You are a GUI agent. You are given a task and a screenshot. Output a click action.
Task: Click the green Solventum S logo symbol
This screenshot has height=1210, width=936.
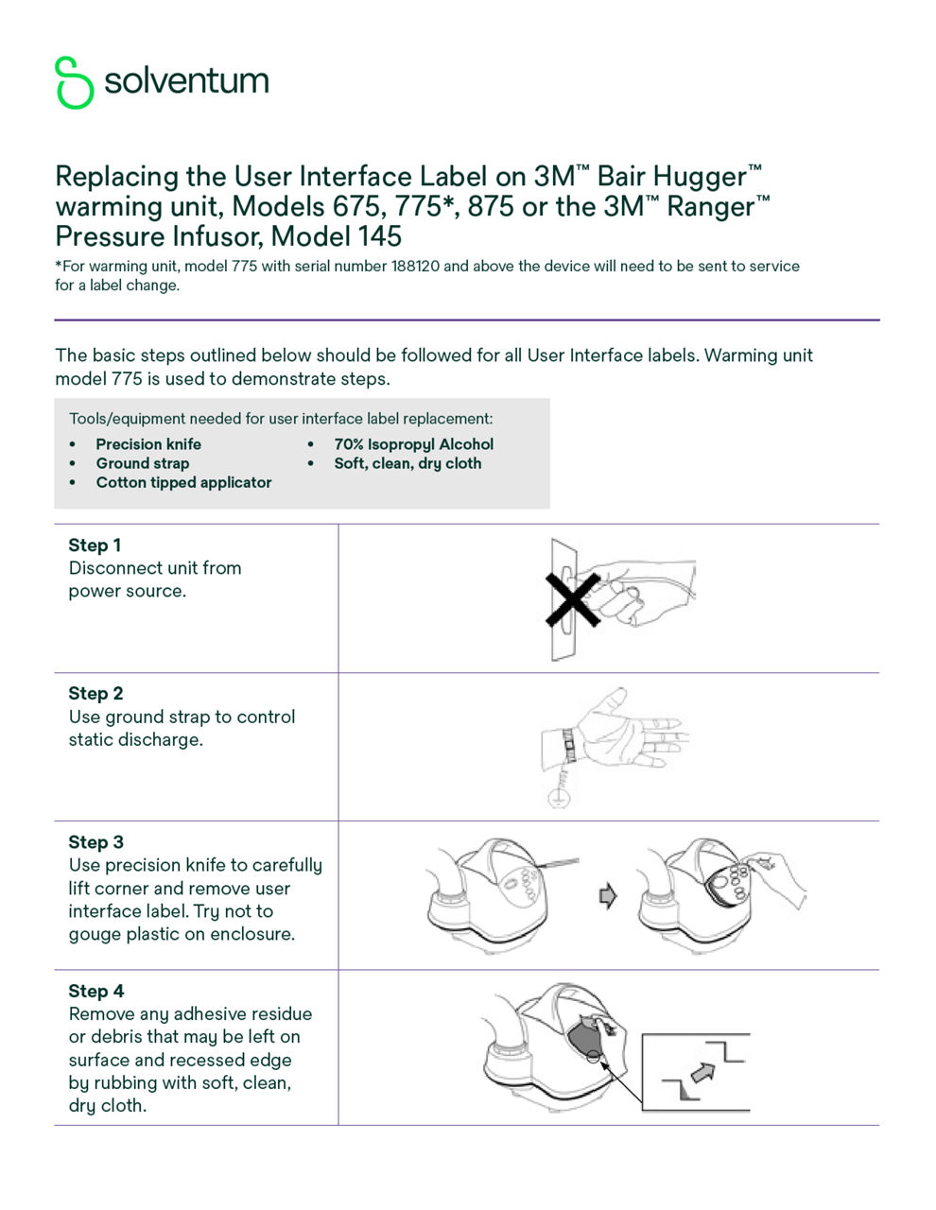[74, 82]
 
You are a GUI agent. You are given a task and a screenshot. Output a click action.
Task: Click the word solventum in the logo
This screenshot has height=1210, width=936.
[186, 81]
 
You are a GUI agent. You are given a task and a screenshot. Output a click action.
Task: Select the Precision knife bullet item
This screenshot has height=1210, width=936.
[148, 444]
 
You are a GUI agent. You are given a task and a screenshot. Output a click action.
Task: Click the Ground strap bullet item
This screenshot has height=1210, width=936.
[142, 463]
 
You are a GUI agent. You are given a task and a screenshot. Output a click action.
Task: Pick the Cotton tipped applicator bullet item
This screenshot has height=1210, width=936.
[183, 482]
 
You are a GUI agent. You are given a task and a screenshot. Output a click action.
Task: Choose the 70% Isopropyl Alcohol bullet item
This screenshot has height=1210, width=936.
[413, 444]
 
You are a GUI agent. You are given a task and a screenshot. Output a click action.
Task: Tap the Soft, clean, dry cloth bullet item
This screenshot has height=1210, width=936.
[407, 463]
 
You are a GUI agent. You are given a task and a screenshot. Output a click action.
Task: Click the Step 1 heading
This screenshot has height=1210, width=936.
[95, 545]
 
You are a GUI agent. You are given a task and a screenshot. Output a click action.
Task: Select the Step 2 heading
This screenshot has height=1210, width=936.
[95, 694]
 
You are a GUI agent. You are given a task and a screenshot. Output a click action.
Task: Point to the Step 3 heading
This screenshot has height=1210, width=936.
[95, 842]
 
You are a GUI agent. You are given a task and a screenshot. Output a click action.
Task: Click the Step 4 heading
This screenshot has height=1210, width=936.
[95, 991]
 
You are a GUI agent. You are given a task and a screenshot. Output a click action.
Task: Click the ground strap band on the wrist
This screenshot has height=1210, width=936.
[568, 745]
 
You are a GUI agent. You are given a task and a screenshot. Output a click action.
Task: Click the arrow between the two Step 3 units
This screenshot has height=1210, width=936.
[608, 895]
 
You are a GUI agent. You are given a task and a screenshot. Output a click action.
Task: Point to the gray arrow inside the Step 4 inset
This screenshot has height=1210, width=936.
[702, 1071]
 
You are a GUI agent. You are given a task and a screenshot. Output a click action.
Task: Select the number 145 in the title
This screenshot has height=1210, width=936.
[378, 236]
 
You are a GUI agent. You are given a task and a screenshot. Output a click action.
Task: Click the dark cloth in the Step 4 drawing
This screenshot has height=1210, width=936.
[582, 1035]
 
